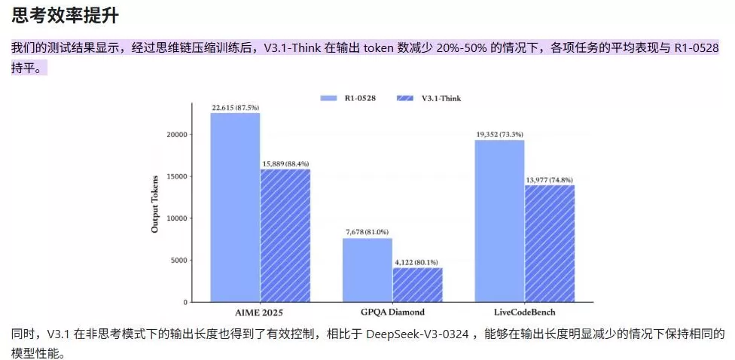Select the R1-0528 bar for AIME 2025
pos(235,208)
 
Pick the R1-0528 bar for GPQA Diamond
pos(367,270)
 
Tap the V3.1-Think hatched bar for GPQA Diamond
pos(417,285)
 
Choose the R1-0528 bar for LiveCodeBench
pos(499,221)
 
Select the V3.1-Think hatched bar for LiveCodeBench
pos(550,243)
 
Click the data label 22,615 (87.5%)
pos(235,107)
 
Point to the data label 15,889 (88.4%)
pos(285,163)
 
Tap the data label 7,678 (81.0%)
pos(367,232)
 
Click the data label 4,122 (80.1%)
pos(417,261)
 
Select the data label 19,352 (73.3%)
pos(499,134)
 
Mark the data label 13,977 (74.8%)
pos(550,179)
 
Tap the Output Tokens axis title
pos(155,204)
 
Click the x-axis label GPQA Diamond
pos(392,311)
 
